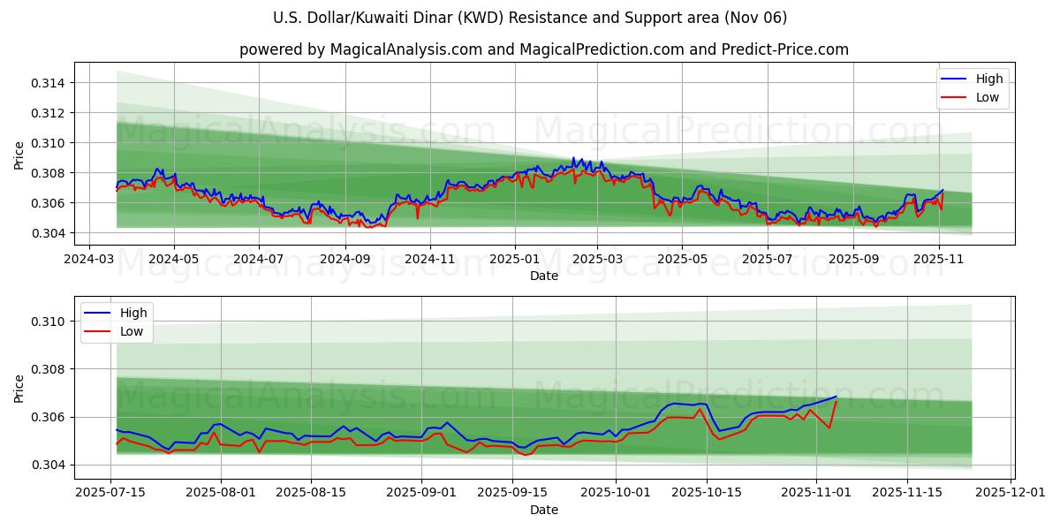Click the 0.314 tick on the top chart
50,83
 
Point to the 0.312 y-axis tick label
50,113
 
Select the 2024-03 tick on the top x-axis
87,259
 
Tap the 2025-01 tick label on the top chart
513,259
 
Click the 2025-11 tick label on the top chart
938,259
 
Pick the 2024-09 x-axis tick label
344,259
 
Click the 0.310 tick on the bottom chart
50,322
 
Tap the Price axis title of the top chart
19,156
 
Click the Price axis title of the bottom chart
19,388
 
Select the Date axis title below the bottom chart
544,510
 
